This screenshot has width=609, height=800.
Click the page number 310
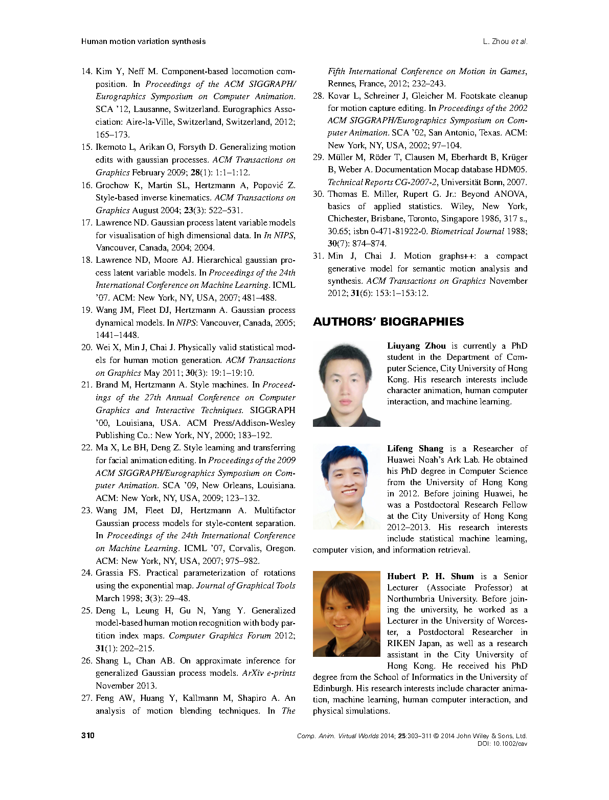[87, 736]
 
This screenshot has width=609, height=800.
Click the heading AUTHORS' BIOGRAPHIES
[388, 322]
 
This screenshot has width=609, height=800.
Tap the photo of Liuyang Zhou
[346, 384]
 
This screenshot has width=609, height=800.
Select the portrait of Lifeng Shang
[346, 487]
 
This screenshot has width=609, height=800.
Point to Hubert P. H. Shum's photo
[346, 614]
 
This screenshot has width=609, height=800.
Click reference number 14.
[86, 72]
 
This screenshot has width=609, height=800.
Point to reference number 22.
[86, 448]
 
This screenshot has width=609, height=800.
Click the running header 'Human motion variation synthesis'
[143, 41]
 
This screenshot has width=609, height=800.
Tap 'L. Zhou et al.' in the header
[505, 41]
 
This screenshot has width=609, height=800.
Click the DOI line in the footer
[502, 744]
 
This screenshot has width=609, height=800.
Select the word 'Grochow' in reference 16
[112, 185]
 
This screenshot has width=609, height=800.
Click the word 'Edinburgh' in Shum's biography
[332, 689]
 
